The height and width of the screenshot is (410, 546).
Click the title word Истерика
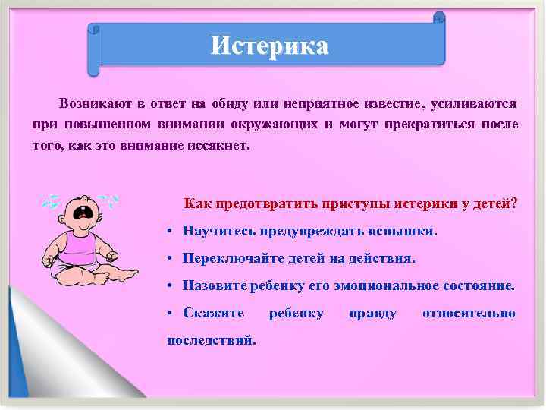click(270, 46)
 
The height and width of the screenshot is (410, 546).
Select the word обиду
click(213, 103)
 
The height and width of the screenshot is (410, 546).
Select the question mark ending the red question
click(514, 204)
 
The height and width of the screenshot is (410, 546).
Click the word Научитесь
click(220, 231)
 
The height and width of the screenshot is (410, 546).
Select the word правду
click(372, 313)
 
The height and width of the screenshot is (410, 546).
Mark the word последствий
click(212, 339)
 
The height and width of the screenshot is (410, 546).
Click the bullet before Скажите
click(173, 314)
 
